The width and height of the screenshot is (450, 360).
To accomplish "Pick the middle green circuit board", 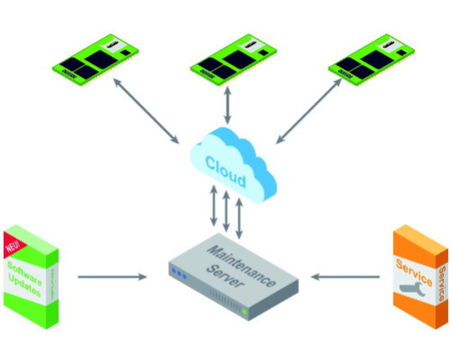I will tap(233, 59).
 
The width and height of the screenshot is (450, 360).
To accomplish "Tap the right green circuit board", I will tap(371, 59).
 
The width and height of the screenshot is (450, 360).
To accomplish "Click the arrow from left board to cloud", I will tap(146, 111).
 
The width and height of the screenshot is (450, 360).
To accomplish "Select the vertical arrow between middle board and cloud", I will tap(227, 105).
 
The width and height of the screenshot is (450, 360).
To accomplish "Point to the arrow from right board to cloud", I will tap(309, 111).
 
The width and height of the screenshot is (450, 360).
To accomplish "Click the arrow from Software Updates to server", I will tap(112, 277).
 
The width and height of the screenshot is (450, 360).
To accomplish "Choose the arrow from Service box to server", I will tap(345, 277).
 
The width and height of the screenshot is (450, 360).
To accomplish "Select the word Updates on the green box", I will tap(24, 285).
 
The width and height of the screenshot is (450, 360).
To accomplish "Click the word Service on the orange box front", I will tap(414, 272).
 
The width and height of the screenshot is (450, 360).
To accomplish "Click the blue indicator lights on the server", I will tap(179, 274).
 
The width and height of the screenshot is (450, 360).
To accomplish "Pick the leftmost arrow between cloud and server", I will tap(214, 206).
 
